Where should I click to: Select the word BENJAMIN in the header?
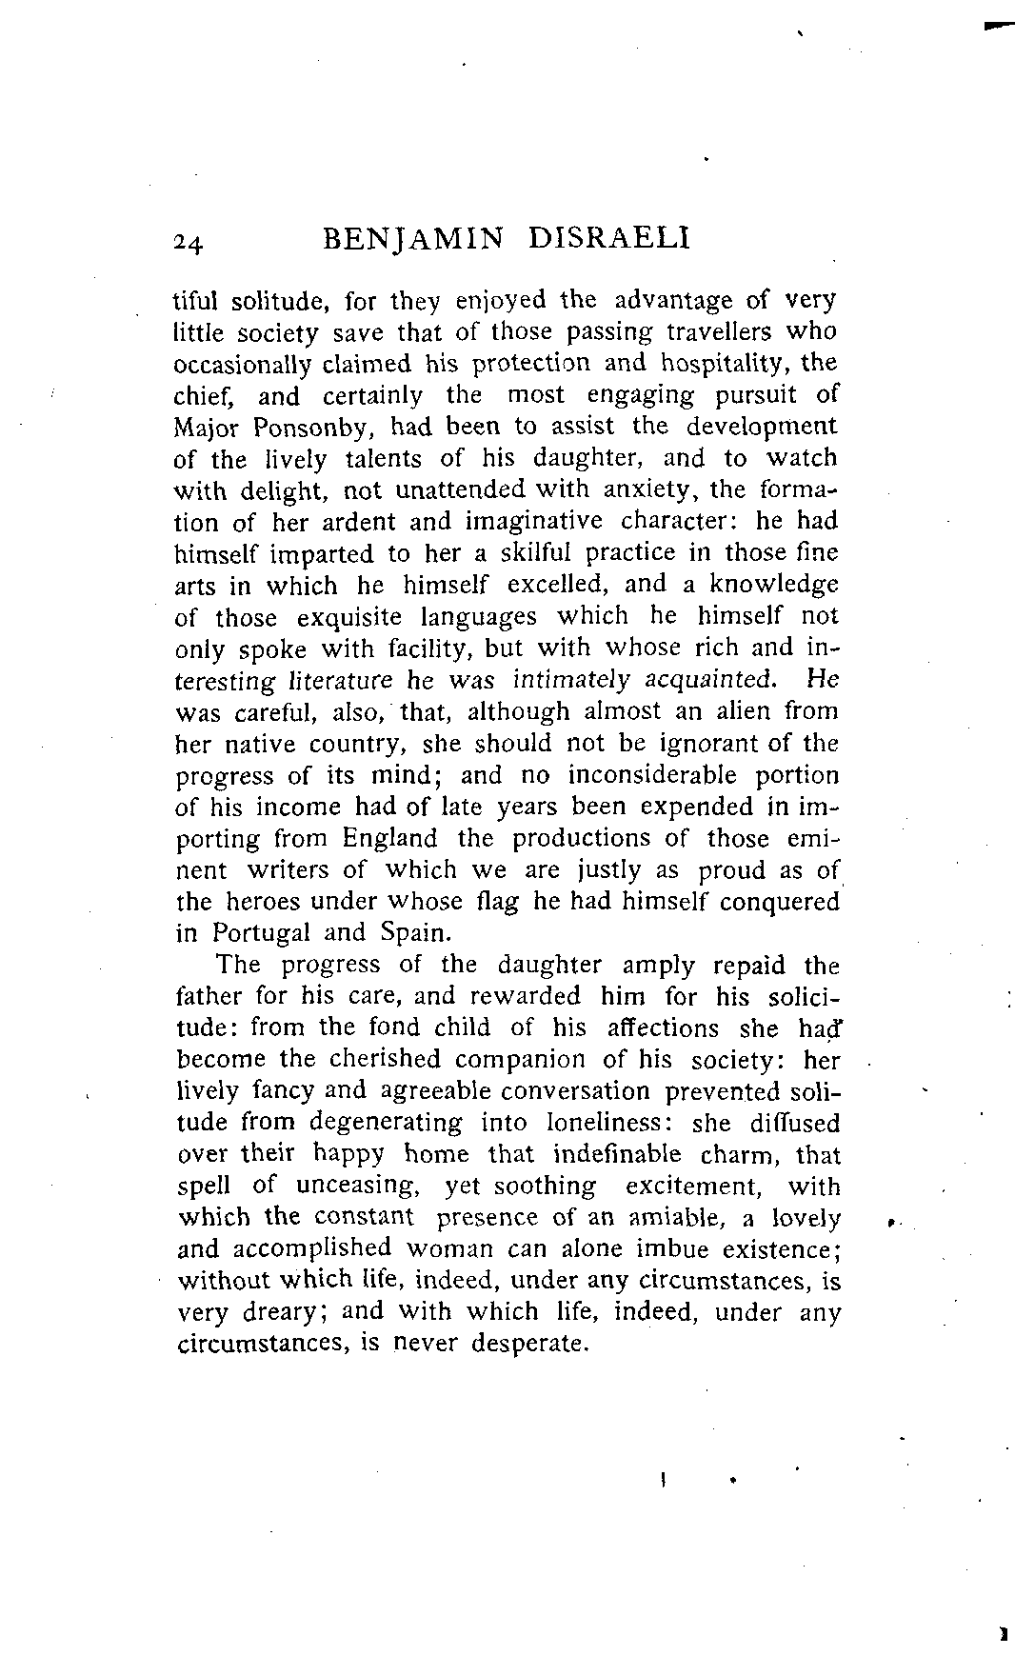(412, 238)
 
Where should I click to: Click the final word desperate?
(529, 1345)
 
